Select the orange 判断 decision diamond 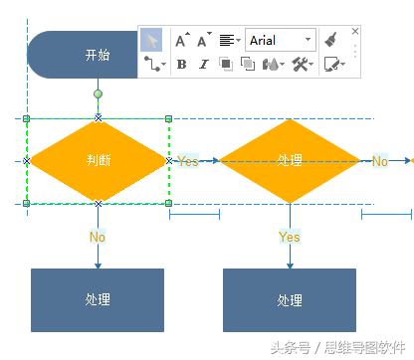tap(98, 159)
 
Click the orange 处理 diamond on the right tap(290, 159)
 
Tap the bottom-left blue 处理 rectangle tap(98, 299)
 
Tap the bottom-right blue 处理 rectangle tap(290, 299)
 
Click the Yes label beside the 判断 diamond tap(188, 160)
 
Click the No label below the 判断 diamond tap(98, 237)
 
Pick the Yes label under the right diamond tap(290, 237)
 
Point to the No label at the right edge tap(380, 160)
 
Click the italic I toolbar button tap(204, 64)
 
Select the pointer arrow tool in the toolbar tap(151, 41)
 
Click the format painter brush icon tap(330, 41)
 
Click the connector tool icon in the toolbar tap(152, 64)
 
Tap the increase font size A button tap(181, 41)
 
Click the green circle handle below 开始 tap(98, 94)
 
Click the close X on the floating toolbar tap(354, 30)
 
